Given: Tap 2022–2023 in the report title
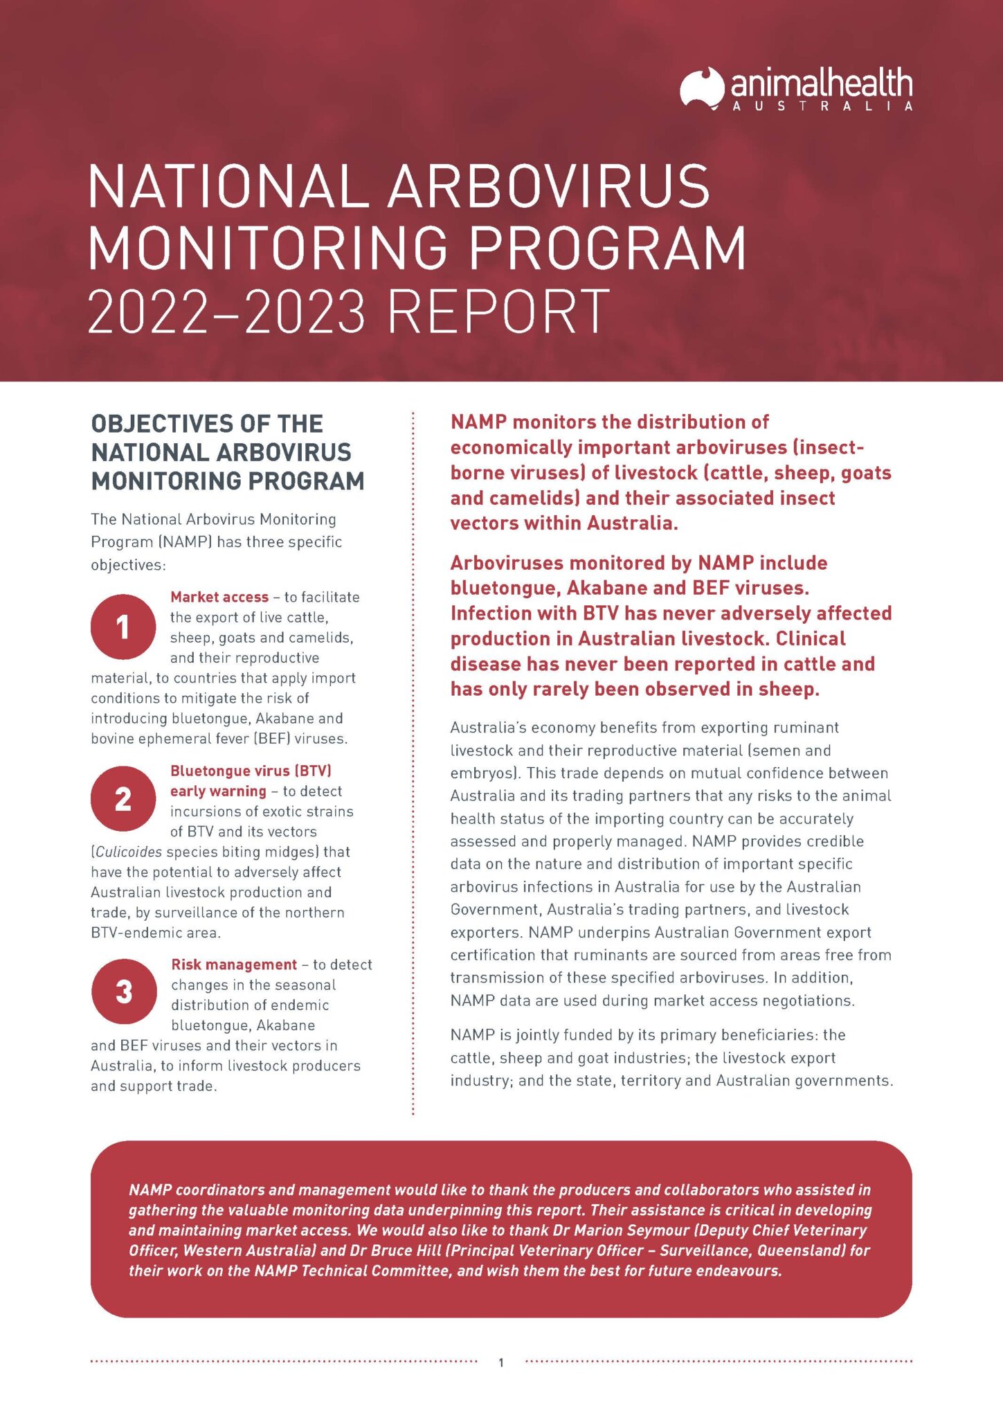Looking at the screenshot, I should (226, 312).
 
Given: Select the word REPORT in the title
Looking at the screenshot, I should (498, 312).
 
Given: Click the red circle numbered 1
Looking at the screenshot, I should (123, 627).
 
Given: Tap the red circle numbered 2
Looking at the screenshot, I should (123, 798).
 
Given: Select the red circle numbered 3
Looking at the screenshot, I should (124, 991).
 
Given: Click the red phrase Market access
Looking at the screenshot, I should (219, 597).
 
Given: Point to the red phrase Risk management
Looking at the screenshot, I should (234, 964).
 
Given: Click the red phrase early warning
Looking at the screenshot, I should (218, 791).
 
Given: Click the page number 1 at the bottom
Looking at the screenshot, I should (501, 1363).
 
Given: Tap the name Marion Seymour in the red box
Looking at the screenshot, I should (630, 1230).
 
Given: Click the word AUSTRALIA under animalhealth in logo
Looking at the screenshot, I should (822, 107).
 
